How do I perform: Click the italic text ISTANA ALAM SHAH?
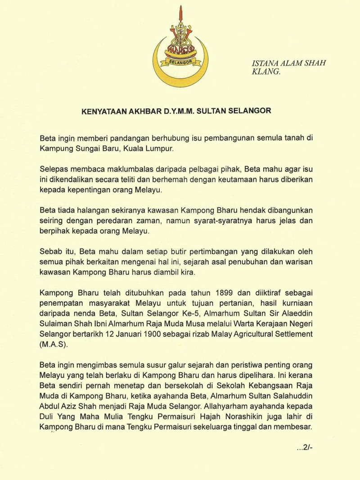[x=288, y=63]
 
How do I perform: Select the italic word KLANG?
[x=265, y=72]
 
